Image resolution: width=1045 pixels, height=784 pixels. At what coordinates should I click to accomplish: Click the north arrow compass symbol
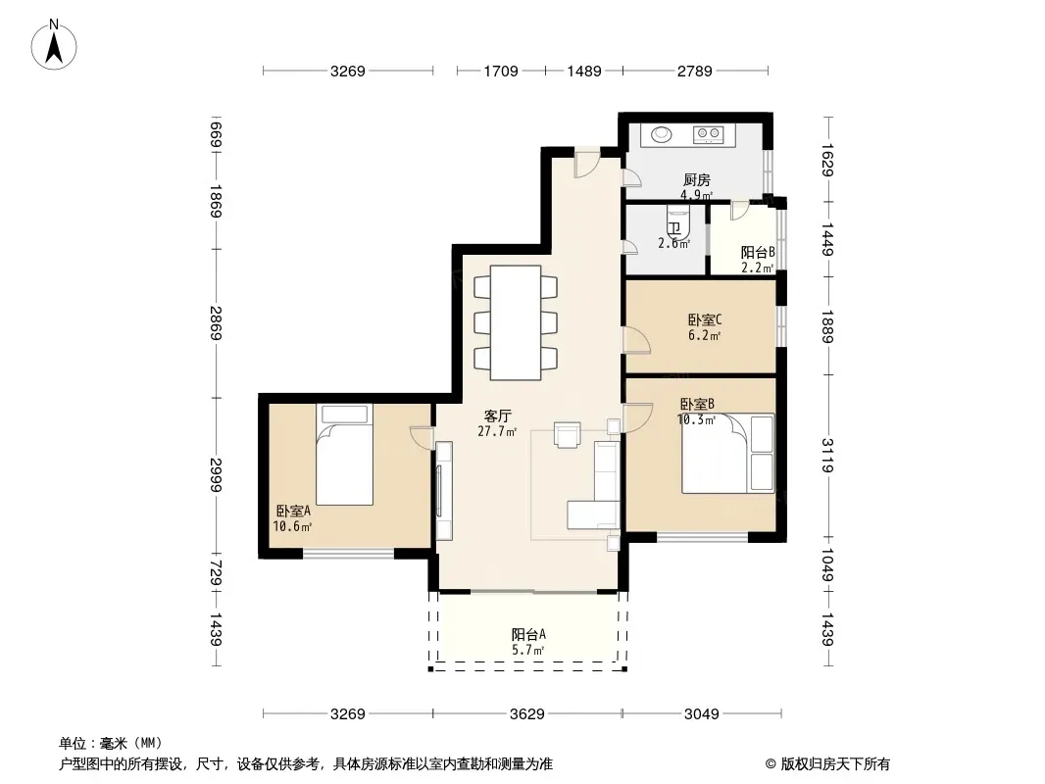click(54, 45)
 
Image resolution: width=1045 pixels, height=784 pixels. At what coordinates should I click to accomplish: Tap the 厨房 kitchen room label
click(696, 180)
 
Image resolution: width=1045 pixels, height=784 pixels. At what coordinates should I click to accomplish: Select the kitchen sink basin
click(661, 134)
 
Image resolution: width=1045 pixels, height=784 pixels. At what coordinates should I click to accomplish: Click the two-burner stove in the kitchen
click(708, 135)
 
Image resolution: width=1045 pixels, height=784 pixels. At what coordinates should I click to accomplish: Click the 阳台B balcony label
click(758, 253)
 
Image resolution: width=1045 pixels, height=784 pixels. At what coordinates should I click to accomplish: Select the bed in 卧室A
click(344, 455)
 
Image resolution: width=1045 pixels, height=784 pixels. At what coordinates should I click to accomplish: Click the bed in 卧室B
click(727, 454)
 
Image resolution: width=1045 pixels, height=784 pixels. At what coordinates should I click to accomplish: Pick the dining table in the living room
click(516, 323)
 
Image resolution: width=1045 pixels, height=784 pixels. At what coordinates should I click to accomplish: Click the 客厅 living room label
click(497, 416)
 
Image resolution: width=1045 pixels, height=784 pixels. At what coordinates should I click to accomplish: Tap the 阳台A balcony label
click(528, 634)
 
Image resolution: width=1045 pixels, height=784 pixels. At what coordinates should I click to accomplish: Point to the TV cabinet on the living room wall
click(444, 491)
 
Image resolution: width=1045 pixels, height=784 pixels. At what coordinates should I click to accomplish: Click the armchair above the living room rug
click(568, 434)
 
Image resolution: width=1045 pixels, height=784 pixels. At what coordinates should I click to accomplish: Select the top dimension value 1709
click(501, 71)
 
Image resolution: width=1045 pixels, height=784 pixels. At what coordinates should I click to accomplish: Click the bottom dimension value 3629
click(527, 714)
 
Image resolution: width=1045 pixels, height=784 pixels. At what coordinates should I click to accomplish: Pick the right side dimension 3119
click(827, 455)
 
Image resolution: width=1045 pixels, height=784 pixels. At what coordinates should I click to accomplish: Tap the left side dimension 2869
click(216, 323)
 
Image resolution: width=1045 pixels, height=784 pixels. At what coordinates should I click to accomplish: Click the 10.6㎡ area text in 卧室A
click(292, 526)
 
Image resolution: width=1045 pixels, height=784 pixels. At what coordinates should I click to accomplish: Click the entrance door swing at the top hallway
click(587, 165)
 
